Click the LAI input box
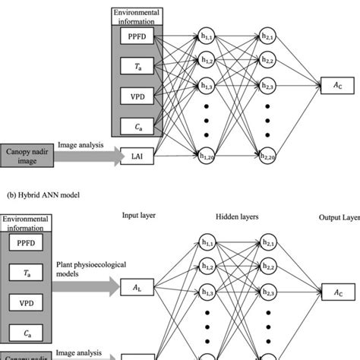click(135, 156)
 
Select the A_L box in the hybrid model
click(135, 287)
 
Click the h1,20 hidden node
click(204, 156)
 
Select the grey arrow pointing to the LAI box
click(93, 156)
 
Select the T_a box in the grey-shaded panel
click(135, 66)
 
